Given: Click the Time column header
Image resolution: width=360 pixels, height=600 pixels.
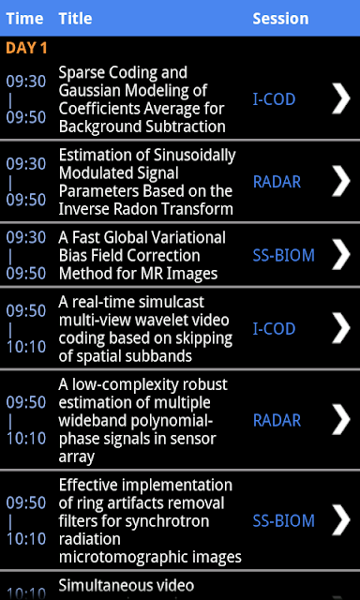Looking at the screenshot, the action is pos(25,19).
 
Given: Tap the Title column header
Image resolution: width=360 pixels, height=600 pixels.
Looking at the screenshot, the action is pos(75,19).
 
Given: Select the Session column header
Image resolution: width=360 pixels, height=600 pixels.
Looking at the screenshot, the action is pos(280,19).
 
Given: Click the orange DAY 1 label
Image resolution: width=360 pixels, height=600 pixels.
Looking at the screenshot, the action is pos(26,48).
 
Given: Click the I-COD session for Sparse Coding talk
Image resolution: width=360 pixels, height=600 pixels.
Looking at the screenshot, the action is pos(274,99).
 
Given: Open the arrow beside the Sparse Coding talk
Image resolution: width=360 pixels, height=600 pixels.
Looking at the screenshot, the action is pos(341,98).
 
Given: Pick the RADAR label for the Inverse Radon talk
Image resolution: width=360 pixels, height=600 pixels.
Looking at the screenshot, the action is pos(277,182).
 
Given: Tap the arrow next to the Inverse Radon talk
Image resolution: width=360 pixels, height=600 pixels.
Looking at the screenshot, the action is pos(341,181).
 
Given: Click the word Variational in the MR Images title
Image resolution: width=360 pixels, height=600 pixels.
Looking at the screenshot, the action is pos(188,238).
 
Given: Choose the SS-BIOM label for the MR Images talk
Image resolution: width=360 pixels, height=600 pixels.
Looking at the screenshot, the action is pos(283,255).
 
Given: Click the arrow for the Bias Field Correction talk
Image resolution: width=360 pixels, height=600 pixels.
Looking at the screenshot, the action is pos(341,254).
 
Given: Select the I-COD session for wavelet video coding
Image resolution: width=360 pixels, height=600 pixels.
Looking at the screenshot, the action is pos(274,329).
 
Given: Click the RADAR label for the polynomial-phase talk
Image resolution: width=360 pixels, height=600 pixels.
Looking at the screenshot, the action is pos(277,421).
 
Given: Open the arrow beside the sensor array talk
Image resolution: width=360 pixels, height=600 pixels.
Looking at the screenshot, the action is pos(341,420).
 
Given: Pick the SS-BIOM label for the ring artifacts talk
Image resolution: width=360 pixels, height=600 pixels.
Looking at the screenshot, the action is pos(283,521).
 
